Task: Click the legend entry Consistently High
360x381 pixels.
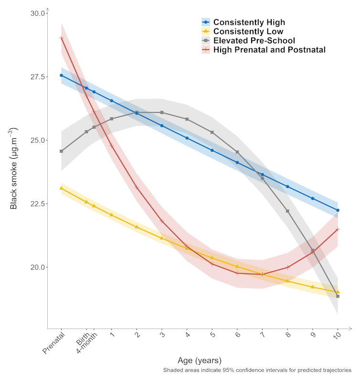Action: point(249,22)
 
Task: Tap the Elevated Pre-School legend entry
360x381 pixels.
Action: point(254,41)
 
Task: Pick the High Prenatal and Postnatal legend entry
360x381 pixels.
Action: point(269,50)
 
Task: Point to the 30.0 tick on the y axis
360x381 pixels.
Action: point(37,13)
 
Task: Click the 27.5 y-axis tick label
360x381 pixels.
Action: point(37,77)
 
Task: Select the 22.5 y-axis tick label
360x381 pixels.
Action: point(37,204)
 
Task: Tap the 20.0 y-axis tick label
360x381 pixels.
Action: point(37,267)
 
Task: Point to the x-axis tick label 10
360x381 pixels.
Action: point(338,336)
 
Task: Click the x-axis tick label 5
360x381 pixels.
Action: point(212,336)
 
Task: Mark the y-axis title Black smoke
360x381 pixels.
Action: point(14,168)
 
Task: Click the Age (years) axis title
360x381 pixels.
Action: point(199,360)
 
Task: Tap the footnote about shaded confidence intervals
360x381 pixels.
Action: point(257,370)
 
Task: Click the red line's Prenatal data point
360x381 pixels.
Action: point(61,38)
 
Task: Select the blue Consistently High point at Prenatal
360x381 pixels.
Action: point(61,75)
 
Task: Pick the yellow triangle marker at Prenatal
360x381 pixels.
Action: point(61,188)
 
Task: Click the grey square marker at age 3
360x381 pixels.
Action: point(162,113)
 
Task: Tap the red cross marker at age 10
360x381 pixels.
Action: point(338,229)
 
